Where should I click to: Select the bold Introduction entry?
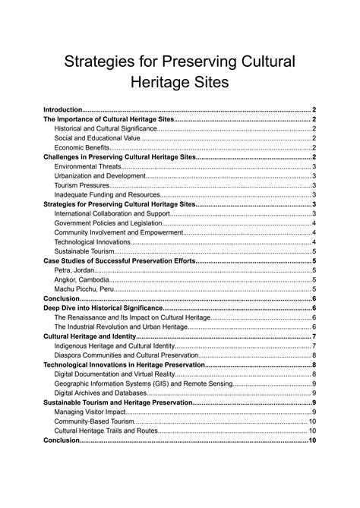(x=62, y=110)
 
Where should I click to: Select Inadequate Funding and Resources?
(x=107, y=194)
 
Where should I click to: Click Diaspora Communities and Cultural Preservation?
(x=126, y=355)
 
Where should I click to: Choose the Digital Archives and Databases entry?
(x=101, y=393)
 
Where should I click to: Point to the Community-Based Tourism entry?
(x=94, y=421)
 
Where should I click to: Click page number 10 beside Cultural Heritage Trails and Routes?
(x=311, y=431)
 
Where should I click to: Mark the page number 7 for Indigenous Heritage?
(x=314, y=346)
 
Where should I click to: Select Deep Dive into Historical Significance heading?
(x=103, y=308)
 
